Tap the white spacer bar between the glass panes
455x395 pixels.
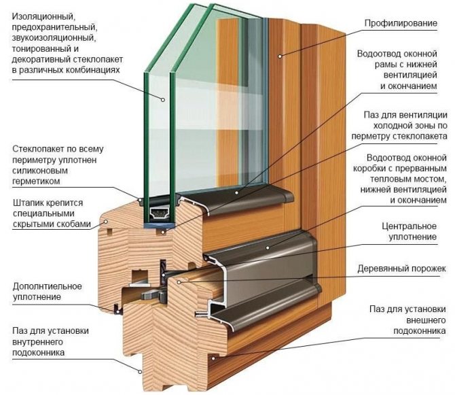click(x=162, y=213)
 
